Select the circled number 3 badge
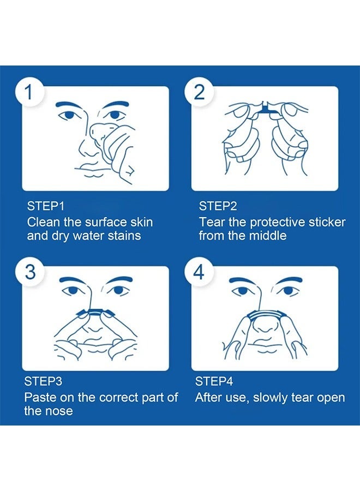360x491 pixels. point(30,271)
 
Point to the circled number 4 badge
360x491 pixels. point(199,271)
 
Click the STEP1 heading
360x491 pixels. point(46,206)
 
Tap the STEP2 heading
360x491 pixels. point(218,206)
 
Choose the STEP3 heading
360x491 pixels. point(43,381)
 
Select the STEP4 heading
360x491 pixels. point(214,381)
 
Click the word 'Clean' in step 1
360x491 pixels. point(43,222)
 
